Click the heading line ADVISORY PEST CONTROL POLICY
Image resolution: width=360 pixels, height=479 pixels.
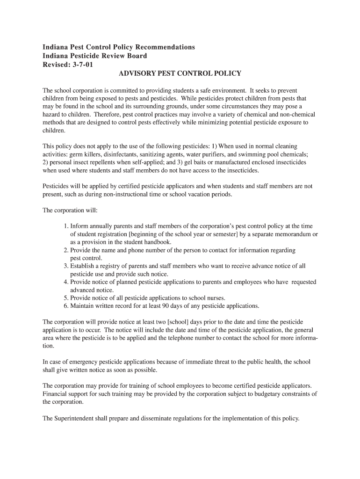180,73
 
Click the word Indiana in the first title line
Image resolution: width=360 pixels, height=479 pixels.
56,47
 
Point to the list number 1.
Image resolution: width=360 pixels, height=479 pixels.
66,226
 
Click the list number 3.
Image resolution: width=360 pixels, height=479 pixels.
66,266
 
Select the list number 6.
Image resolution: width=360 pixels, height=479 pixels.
66,306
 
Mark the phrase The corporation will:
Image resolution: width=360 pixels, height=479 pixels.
70,210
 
